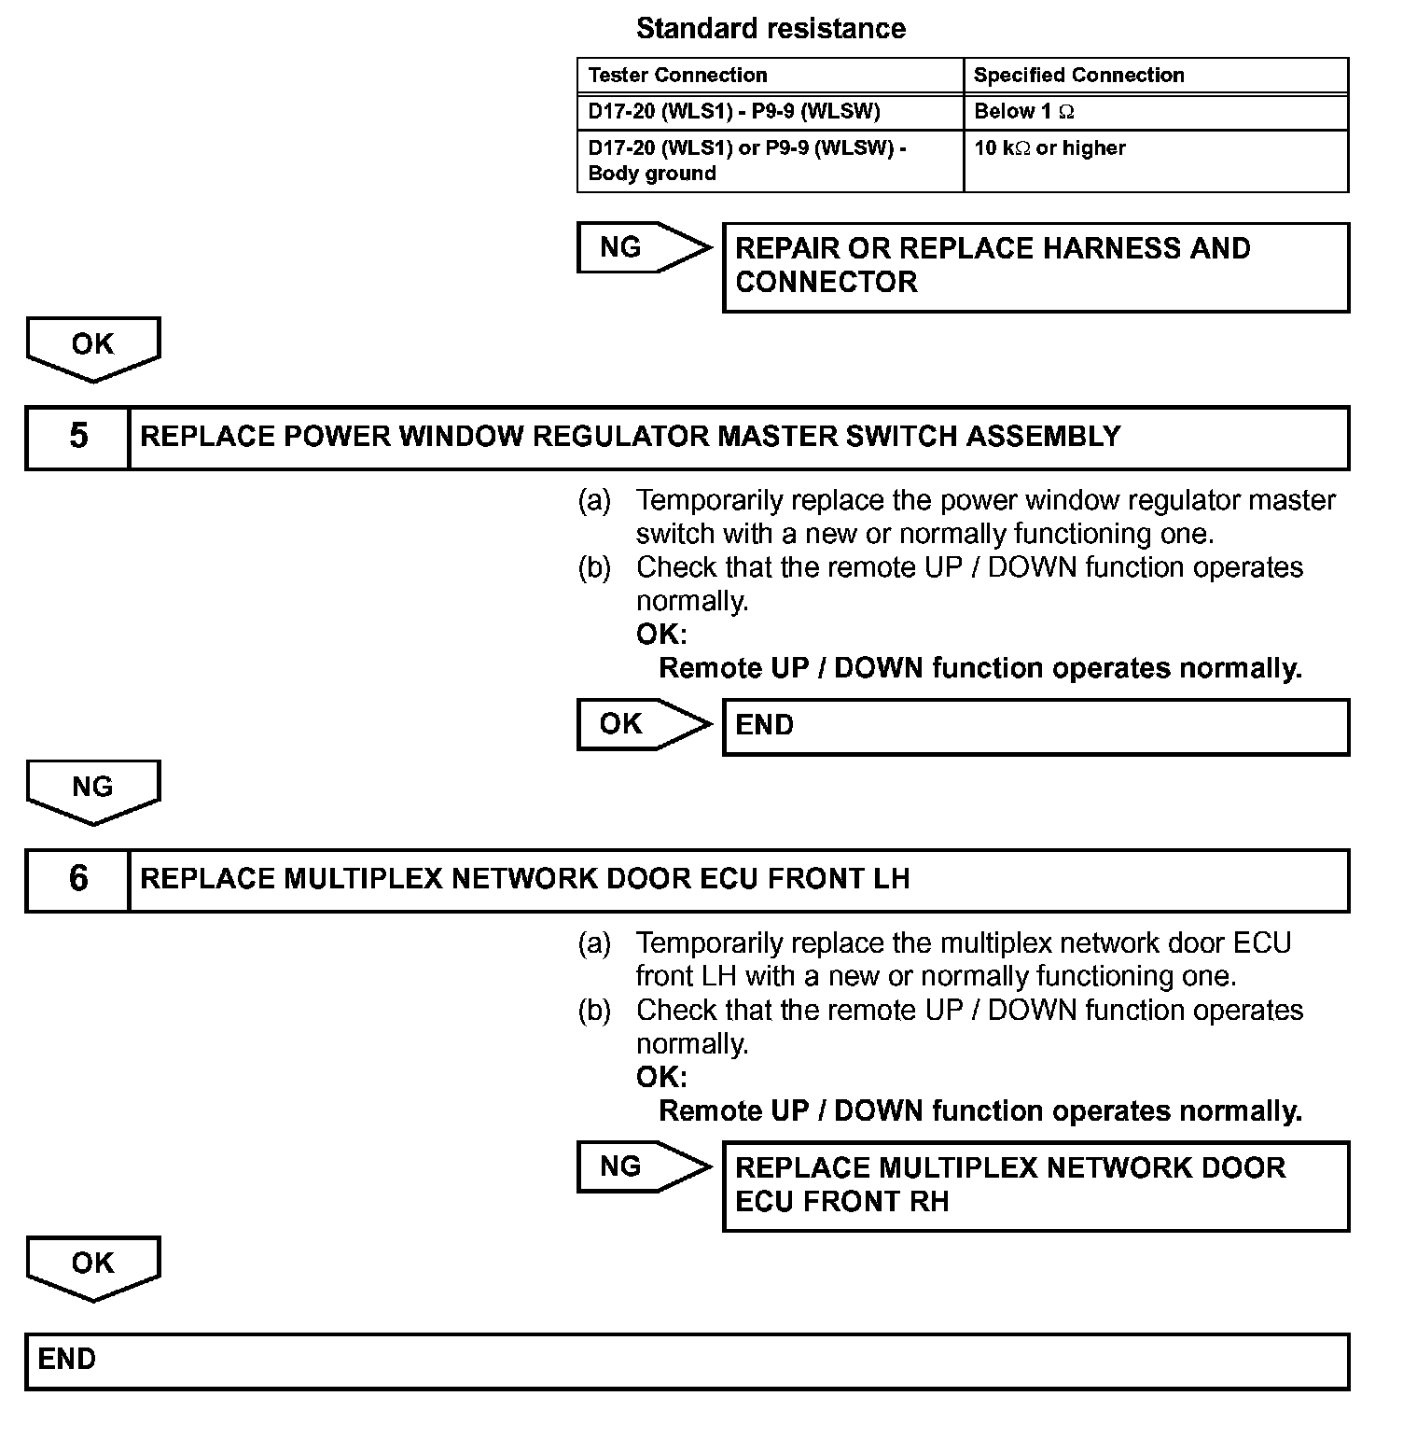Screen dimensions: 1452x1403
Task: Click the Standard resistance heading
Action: (x=771, y=29)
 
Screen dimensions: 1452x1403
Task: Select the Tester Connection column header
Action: (x=677, y=76)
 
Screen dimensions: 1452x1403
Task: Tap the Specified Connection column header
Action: (x=1078, y=76)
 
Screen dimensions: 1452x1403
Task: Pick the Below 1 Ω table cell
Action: (x=1023, y=112)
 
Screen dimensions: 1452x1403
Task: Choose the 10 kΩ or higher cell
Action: (x=1049, y=148)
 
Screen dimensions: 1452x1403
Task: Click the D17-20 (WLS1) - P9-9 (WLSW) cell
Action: (x=734, y=112)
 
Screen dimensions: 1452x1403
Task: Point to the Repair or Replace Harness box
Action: (x=1035, y=266)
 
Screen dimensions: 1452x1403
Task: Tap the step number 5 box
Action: (x=78, y=437)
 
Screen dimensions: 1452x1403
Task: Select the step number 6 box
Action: (x=78, y=879)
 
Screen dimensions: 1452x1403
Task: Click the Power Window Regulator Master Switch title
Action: (x=631, y=437)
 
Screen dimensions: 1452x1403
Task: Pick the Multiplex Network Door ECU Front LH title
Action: (x=524, y=879)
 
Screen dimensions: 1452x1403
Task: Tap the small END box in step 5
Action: (x=1035, y=726)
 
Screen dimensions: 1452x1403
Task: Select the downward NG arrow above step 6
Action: (x=92, y=791)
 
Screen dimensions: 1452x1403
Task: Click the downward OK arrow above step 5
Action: (x=92, y=348)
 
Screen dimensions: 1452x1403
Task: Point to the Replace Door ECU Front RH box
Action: (x=1035, y=1185)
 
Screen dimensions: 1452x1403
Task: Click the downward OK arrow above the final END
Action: (x=92, y=1267)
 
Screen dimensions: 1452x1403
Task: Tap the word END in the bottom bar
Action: (x=67, y=1360)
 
